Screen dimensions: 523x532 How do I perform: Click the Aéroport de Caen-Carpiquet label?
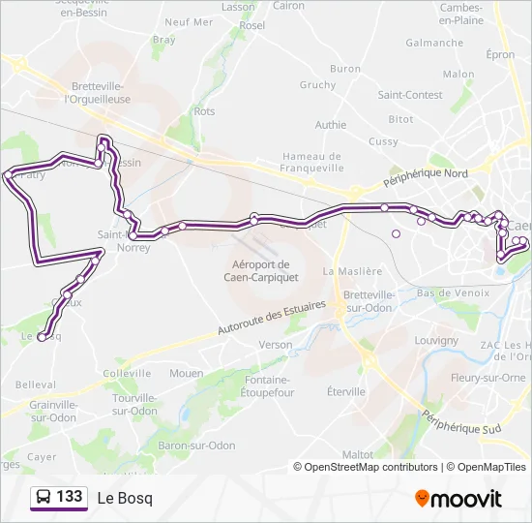(261, 270)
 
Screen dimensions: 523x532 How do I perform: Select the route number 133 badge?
(70, 497)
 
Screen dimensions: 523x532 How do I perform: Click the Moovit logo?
(458, 499)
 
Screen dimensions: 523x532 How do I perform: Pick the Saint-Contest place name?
(410, 95)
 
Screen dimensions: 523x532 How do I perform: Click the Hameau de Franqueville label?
(311, 162)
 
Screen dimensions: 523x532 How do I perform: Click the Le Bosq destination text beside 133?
(125, 498)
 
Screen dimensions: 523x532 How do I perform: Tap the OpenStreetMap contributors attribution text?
(371, 467)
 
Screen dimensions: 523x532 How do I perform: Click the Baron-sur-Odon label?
(197, 446)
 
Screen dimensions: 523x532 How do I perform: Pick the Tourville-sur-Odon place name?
(134, 404)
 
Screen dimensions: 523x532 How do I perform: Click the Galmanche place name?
(434, 43)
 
